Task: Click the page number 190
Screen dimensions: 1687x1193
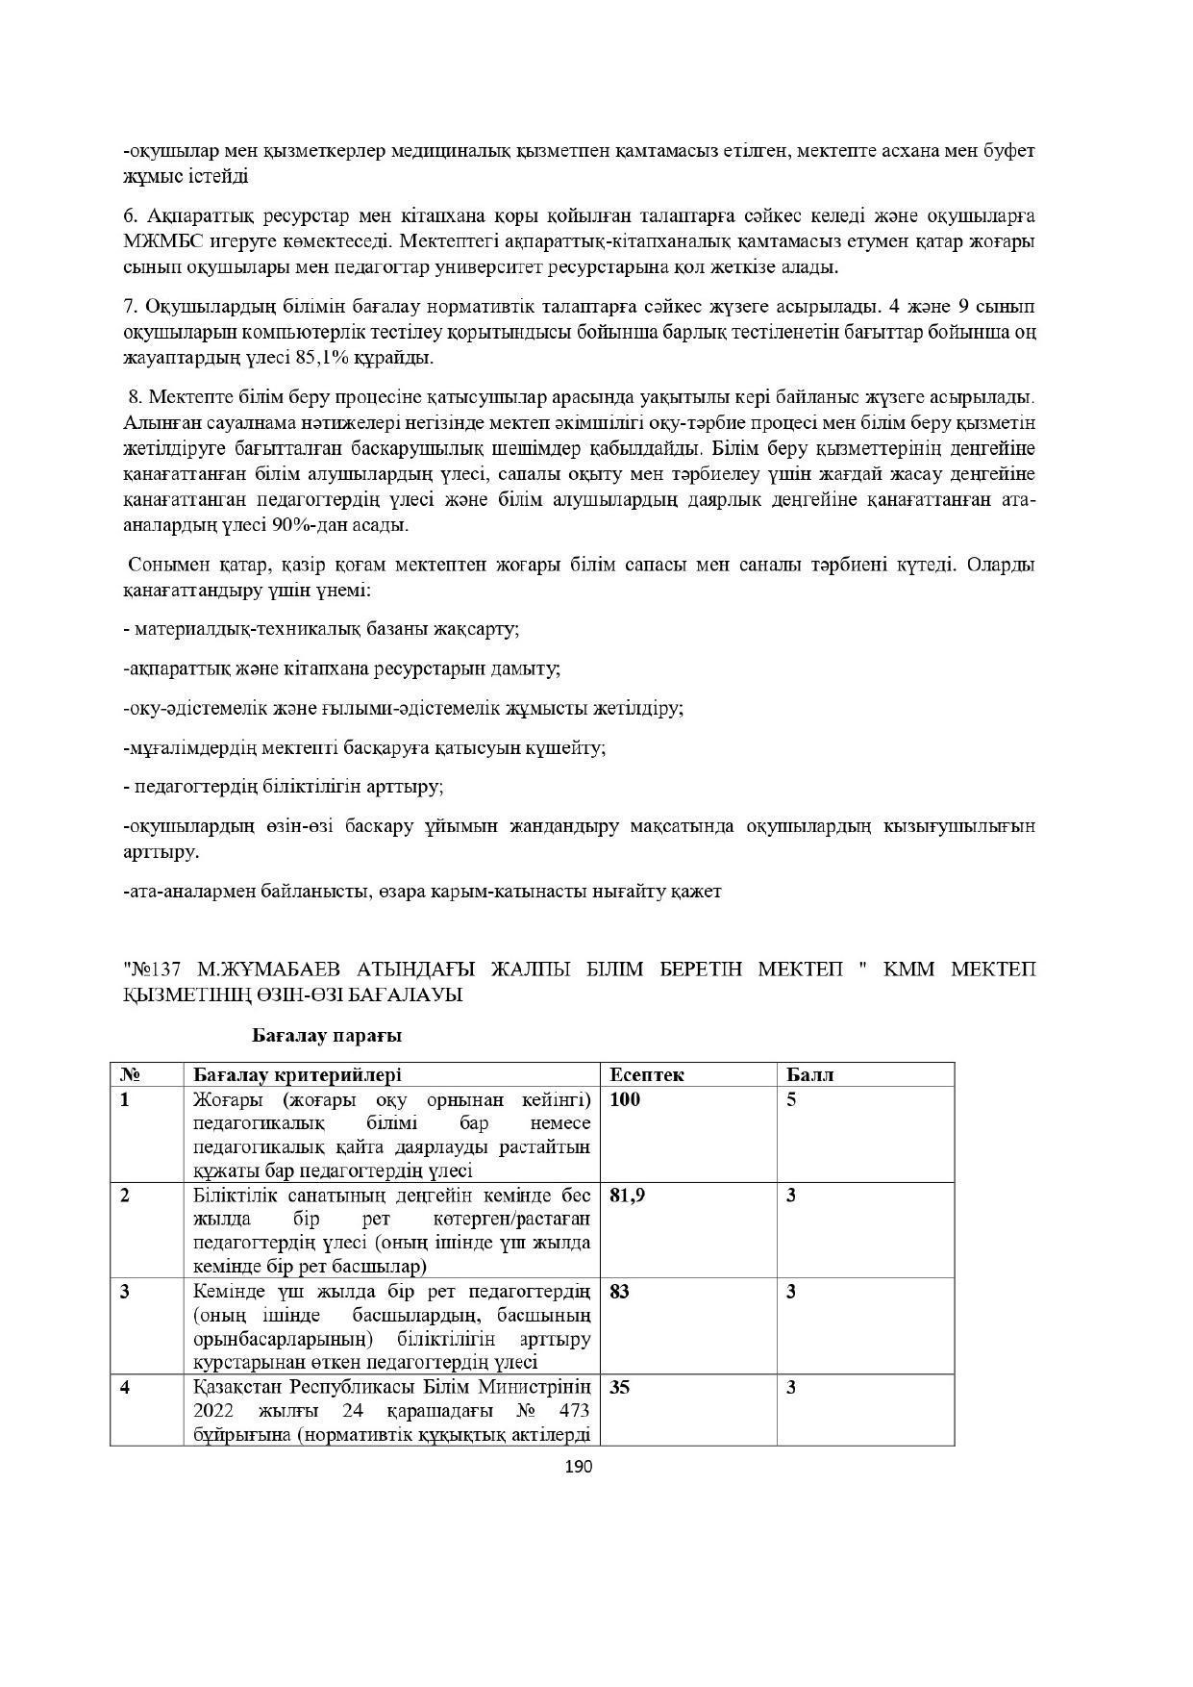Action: coord(579,1467)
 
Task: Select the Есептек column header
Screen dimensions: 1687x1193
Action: coord(646,1074)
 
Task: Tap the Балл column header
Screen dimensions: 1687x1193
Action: coord(809,1074)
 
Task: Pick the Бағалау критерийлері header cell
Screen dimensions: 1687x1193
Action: coord(297,1074)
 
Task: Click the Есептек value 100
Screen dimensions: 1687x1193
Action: coord(624,1099)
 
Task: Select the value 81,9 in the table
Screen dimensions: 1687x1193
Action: coord(627,1196)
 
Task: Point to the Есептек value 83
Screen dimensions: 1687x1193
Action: coord(619,1292)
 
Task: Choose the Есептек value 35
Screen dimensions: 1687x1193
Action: coord(619,1388)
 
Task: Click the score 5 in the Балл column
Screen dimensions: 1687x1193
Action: coord(791,1099)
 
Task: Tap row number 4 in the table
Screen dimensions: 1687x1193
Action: coord(125,1388)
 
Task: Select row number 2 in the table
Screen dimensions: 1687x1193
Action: coord(125,1196)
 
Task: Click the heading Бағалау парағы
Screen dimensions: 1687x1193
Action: coord(326,1036)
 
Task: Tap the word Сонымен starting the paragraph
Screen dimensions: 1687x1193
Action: coord(164,565)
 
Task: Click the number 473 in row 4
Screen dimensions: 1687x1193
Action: coord(572,1411)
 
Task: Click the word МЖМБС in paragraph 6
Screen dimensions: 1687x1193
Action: coord(159,239)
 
